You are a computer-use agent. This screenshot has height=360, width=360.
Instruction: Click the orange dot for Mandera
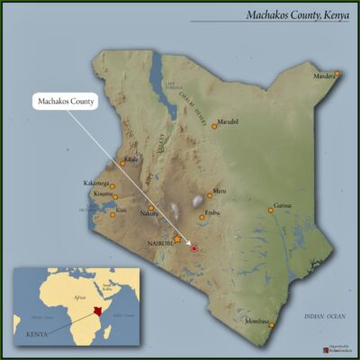337,73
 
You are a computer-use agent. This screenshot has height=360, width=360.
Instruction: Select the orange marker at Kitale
123,163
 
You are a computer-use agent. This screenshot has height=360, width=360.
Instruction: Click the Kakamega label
96,183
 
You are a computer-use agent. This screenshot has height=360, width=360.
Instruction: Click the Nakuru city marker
151,207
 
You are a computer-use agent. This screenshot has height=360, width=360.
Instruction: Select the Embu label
212,212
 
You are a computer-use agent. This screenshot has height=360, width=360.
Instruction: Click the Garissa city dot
270,210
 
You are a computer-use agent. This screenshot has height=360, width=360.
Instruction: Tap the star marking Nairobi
178,238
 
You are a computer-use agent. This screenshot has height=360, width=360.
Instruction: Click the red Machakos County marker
193,247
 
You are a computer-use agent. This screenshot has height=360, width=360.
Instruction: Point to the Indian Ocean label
324,316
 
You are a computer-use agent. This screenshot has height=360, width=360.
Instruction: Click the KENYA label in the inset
37,334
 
